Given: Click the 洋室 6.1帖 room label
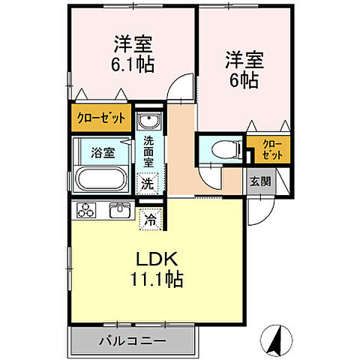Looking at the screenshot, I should (x=134, y=54).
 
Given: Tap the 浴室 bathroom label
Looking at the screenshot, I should (x=103, y=152).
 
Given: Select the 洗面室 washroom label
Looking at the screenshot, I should (x=148, y=150).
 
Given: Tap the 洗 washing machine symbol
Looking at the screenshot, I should (x=148, y=183).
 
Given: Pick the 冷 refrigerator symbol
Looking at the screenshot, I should (x=151, y=220).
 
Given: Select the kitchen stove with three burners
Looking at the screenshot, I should (x=86, y=210).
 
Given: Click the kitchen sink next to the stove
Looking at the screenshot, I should (x=120, y=210).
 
